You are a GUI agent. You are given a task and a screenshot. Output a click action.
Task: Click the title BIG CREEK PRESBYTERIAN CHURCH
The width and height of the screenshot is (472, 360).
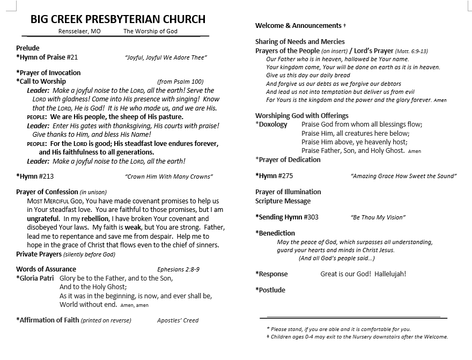click(118, 19)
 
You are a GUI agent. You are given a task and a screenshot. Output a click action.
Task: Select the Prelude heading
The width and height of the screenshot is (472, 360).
click(28, 48)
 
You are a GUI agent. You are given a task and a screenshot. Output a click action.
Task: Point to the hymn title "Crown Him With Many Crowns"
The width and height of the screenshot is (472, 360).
click(169, 177)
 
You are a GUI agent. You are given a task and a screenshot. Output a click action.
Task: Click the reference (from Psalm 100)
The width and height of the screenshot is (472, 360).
click(180, 82)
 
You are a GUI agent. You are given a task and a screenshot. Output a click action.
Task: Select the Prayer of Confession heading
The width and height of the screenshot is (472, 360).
click(47, 192)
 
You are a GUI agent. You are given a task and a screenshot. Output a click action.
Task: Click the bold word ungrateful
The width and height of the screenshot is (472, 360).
click(43, 219)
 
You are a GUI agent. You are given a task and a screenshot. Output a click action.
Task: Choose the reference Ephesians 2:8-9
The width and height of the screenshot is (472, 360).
click(178, 269)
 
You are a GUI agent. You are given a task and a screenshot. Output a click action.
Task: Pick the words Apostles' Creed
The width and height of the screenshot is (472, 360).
click(178, 320)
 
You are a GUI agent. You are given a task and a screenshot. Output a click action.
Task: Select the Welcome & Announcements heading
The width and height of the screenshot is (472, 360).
click(298, 25)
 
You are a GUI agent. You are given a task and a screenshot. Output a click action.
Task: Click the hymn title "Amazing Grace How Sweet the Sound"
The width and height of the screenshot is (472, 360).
click(403, 176)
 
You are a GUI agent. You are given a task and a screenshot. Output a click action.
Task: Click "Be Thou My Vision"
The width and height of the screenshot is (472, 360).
click(378, 217)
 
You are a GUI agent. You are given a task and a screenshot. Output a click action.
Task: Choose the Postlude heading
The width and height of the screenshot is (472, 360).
click(270, 290)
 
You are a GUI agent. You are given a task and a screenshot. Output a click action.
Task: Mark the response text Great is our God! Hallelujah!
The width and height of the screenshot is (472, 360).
click(363, 274)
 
